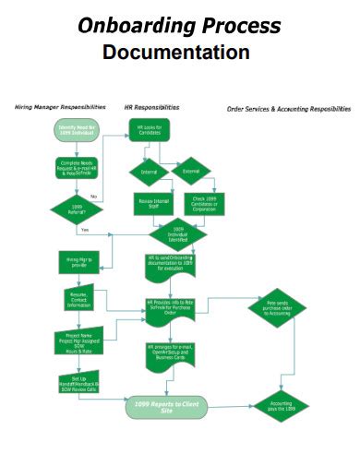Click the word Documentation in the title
[x=175, y=52]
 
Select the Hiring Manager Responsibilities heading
[x=60, y=107]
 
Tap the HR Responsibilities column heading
[x=151, y=107]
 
